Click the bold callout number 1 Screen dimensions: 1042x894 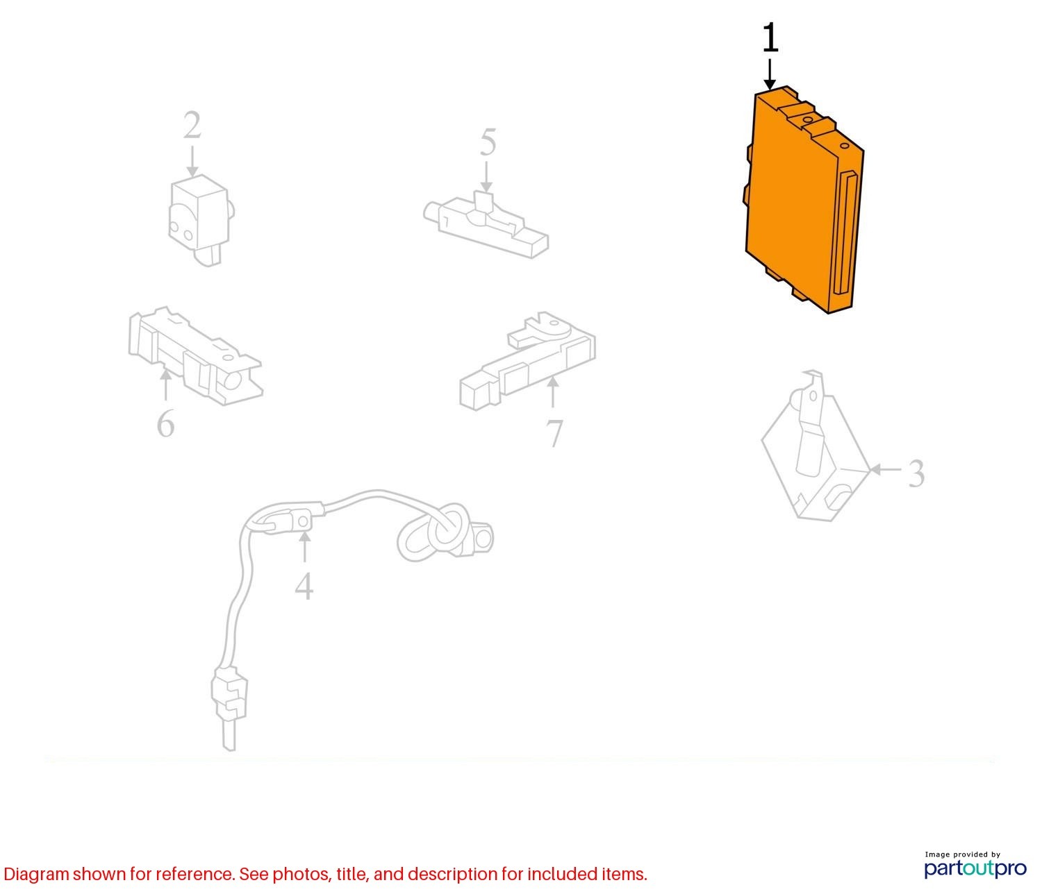tap(770, 37)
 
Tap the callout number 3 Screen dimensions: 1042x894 tap(916, 473)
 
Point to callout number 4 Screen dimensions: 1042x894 tap(304, 586)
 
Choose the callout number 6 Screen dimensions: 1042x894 tap(165, 423)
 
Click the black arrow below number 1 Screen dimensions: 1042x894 tap(769, 75)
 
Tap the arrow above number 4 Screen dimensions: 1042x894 tap(304, 546)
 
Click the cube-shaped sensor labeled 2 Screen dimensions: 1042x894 tap(200, 220)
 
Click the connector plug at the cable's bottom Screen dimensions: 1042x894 tap(230, 694)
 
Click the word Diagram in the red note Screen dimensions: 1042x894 tap(36, 875)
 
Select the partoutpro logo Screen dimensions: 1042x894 tap(975, 869)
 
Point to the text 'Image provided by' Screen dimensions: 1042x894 tap(962, 854)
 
